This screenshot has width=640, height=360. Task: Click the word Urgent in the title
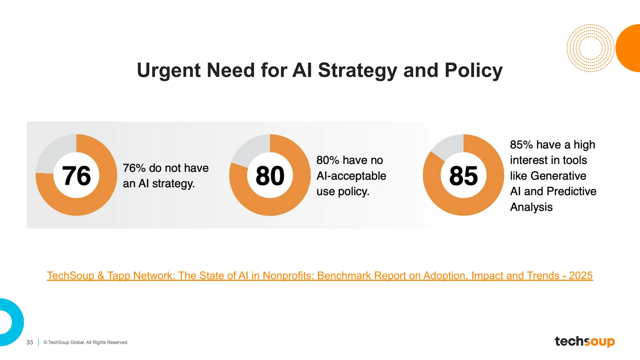[x=169, y=71]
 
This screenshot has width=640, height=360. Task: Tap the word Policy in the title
[x=473, y=71]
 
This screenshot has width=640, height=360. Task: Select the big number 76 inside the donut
[x=77, y=176]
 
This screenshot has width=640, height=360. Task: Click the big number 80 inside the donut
[x=270, y=176]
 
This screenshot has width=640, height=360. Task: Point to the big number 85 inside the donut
[x=463, y=176]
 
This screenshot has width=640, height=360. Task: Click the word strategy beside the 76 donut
[x=173, y=184]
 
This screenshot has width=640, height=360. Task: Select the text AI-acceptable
[x=351, y=176]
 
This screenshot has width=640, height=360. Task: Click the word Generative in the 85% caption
[x=558, y=176]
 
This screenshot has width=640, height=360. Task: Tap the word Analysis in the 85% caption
[x=531, y=207]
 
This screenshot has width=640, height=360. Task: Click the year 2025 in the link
[x=581, y=276]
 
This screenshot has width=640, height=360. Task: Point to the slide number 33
[x=30, y=342]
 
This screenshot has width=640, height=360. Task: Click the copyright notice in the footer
[x=86, y=342]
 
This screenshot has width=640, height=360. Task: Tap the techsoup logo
[x=585, y=342]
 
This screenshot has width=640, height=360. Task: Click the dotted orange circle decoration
[x=590, y=48]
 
